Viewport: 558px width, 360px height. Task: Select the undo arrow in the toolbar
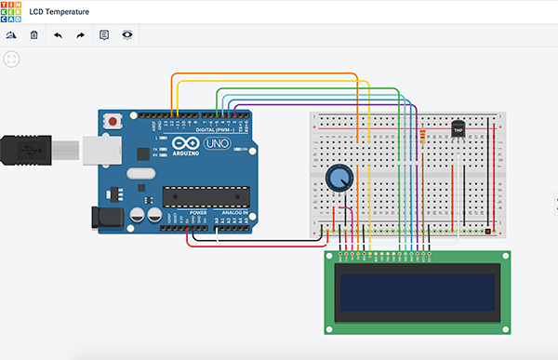58,35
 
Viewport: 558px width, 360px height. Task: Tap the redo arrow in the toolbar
80,35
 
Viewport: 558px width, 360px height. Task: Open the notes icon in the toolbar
104,35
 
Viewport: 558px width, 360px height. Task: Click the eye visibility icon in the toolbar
127,35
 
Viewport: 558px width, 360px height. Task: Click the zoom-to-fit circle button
12,59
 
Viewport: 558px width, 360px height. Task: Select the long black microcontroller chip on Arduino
206,195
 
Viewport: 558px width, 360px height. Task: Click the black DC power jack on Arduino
105,218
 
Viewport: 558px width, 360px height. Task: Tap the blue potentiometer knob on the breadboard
338,177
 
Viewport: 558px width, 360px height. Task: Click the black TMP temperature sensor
458,129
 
